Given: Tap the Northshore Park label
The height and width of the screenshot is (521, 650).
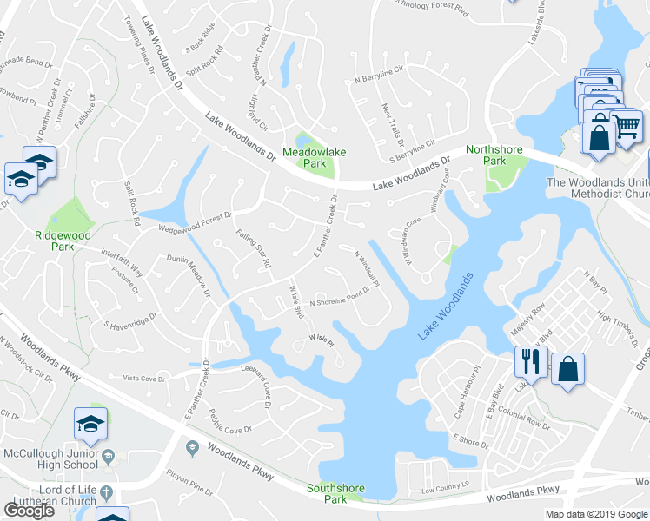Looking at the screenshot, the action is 494,155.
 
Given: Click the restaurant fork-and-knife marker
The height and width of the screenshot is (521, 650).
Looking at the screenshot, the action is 529,361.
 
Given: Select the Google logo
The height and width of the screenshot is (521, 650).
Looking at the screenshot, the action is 30,511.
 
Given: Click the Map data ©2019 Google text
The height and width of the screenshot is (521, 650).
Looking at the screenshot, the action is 595,514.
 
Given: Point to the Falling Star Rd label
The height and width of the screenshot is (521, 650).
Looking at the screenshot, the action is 255,248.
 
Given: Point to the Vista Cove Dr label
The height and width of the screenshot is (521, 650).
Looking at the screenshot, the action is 144,378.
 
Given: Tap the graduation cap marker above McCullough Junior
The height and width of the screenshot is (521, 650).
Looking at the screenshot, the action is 91,423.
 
